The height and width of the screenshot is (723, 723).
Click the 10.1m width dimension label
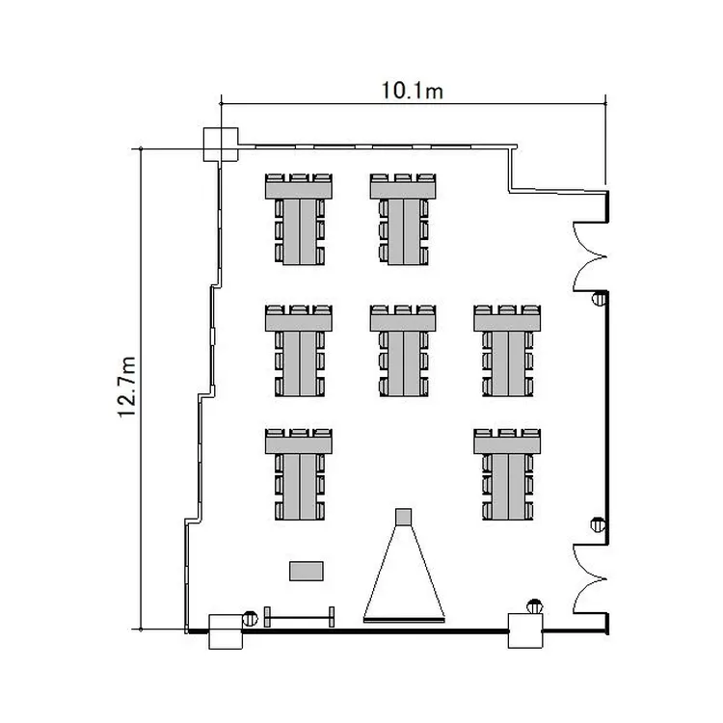[412, 91]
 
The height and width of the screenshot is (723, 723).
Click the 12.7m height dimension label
[127, 387]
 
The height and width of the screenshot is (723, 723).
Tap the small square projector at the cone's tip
[404, 517]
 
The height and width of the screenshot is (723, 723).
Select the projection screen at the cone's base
[404, 620]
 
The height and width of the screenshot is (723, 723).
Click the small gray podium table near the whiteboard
[307, 571]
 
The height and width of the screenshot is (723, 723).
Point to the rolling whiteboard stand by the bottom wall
[299, 617]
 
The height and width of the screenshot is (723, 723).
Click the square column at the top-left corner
[221, 145]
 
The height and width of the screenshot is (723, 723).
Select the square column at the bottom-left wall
[226, 631]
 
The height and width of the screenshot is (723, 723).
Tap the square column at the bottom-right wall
[525, 630]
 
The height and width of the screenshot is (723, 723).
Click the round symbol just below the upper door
[599, 299]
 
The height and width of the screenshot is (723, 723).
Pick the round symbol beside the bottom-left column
[250, 618]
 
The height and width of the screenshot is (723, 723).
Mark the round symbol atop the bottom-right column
[534, 606]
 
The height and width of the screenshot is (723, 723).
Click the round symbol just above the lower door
[598, 524]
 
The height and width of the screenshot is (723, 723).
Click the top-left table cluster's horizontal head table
[299, 190]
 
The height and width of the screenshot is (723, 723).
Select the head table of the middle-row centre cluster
[403, 321]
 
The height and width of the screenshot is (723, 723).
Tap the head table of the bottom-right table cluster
[507, 445]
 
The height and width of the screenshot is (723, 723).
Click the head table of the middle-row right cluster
[507, 321]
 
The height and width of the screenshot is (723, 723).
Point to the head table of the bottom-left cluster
[299, 445]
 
